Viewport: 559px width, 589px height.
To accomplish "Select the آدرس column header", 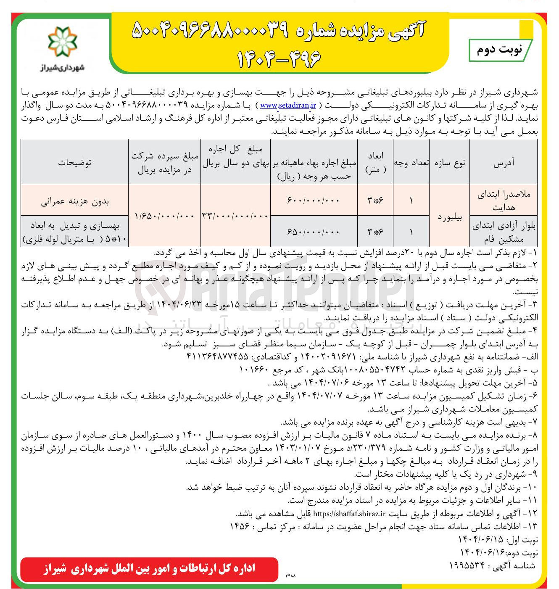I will pyautogui.click(x=503, y=163).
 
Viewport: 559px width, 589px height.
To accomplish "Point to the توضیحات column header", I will pyautogui.click(x=74, y=163).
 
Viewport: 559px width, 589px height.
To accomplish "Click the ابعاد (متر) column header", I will pyautogui.click(x=375, y=163).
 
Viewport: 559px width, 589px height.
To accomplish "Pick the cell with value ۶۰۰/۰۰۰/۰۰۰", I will pyautogui.click(x=313, y=201).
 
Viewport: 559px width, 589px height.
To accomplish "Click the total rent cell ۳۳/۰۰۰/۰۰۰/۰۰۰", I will pyautogui.click(x=235, y=216).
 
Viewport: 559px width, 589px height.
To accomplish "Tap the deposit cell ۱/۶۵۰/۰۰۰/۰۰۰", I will pyautogui.click(x=164, y=216).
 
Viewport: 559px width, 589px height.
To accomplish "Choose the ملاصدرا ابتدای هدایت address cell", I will pyautogui.click(x=503, y=201).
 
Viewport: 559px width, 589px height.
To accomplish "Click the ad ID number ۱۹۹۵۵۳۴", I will pyautogui.click(x=467, y=565).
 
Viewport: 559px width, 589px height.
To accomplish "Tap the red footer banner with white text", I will pyautogui.click(x=149, y=569).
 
